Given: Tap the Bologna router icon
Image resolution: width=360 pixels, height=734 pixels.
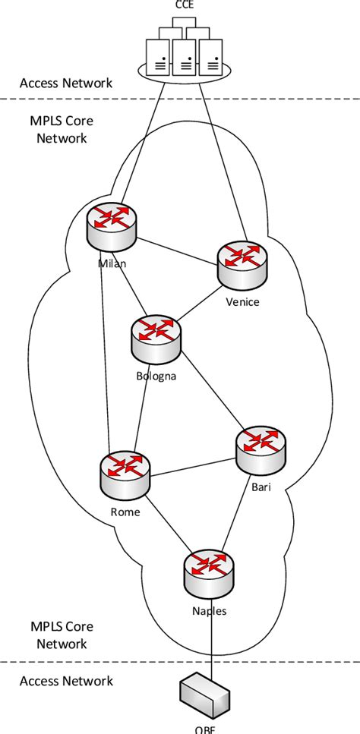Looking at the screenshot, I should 156,338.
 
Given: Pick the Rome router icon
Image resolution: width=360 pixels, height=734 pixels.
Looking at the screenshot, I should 125,474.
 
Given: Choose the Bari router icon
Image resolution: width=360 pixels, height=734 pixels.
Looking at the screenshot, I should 261,450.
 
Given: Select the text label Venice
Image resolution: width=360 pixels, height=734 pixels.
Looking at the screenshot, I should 242,302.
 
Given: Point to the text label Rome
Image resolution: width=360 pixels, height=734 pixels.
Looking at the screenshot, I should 125,512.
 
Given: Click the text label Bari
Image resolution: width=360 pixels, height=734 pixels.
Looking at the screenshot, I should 261,487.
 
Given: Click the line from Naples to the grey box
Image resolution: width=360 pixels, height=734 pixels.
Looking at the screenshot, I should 207,638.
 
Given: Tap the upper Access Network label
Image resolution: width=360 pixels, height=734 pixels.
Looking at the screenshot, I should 66,83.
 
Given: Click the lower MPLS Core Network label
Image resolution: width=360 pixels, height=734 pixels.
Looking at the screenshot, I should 58,635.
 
